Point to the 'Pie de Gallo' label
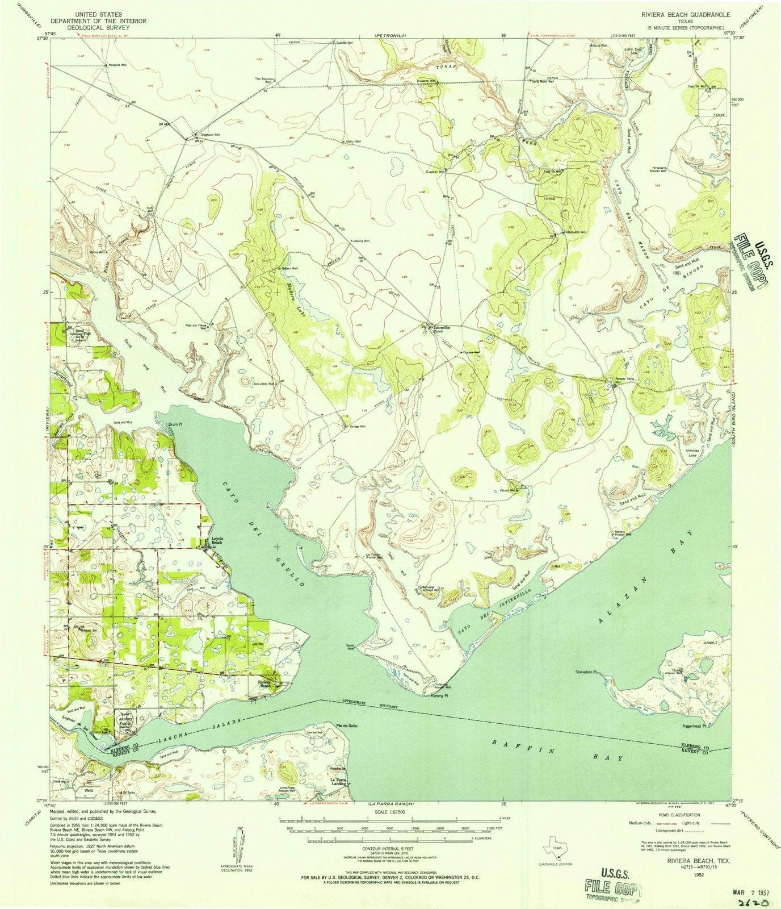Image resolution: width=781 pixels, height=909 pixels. click(x=346, y=726)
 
